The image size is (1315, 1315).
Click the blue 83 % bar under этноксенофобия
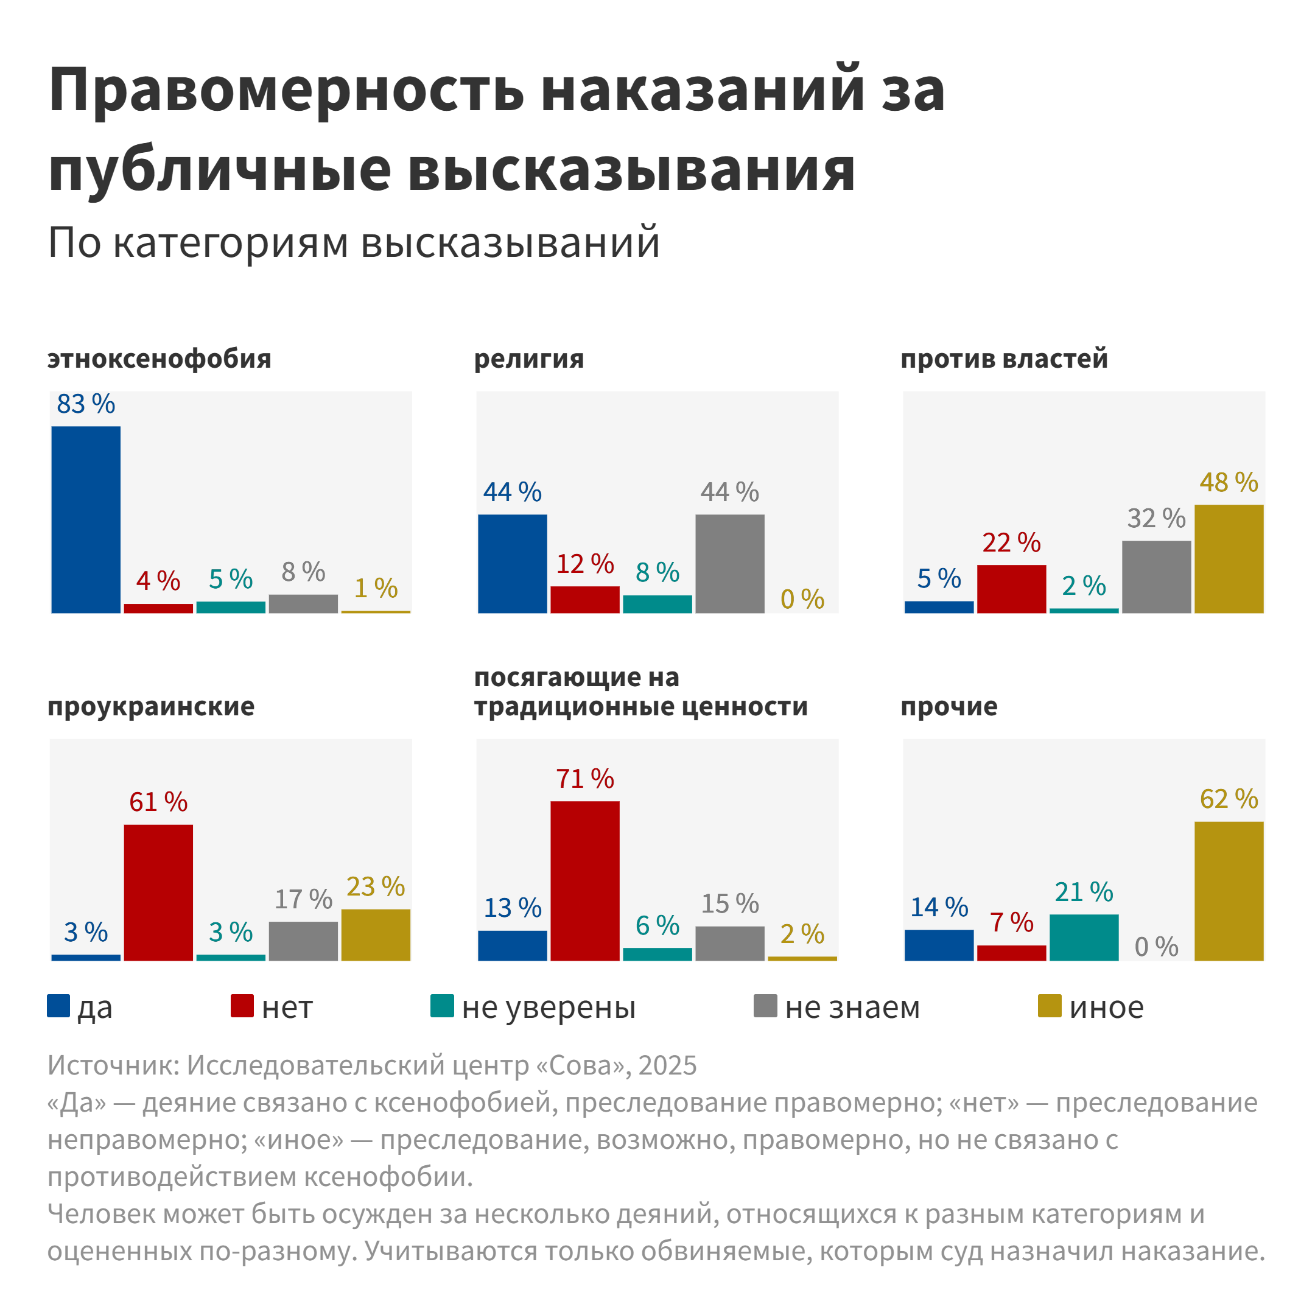click(86, 519)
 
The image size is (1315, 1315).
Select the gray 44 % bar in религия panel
click(730, 564)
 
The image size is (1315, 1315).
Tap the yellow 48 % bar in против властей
click(1229, 559)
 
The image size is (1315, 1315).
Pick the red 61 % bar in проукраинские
click(158, 892)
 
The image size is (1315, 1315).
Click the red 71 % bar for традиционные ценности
click(584, 881)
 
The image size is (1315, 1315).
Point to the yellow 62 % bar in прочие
click(1229, 891)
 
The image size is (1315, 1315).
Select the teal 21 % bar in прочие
click(1084, 938)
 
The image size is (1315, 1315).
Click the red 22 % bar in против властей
click(1011, 589)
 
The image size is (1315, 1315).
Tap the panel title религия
click(529, 359)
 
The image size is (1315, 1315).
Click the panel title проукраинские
click(151, 706)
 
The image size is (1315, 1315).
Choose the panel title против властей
click(1004, 359)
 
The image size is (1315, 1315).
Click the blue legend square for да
click(58, 1006)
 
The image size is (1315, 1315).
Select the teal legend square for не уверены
click(443, 1006)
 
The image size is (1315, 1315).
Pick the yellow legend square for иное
click(1050, 1006)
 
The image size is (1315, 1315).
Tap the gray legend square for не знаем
click(765, 1006)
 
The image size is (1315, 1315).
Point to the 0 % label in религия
click(802, 600)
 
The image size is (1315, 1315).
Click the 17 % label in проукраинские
click(304, 899)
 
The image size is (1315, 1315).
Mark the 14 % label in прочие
click(939, 907)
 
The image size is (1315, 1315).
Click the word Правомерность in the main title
click(287, 91)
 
